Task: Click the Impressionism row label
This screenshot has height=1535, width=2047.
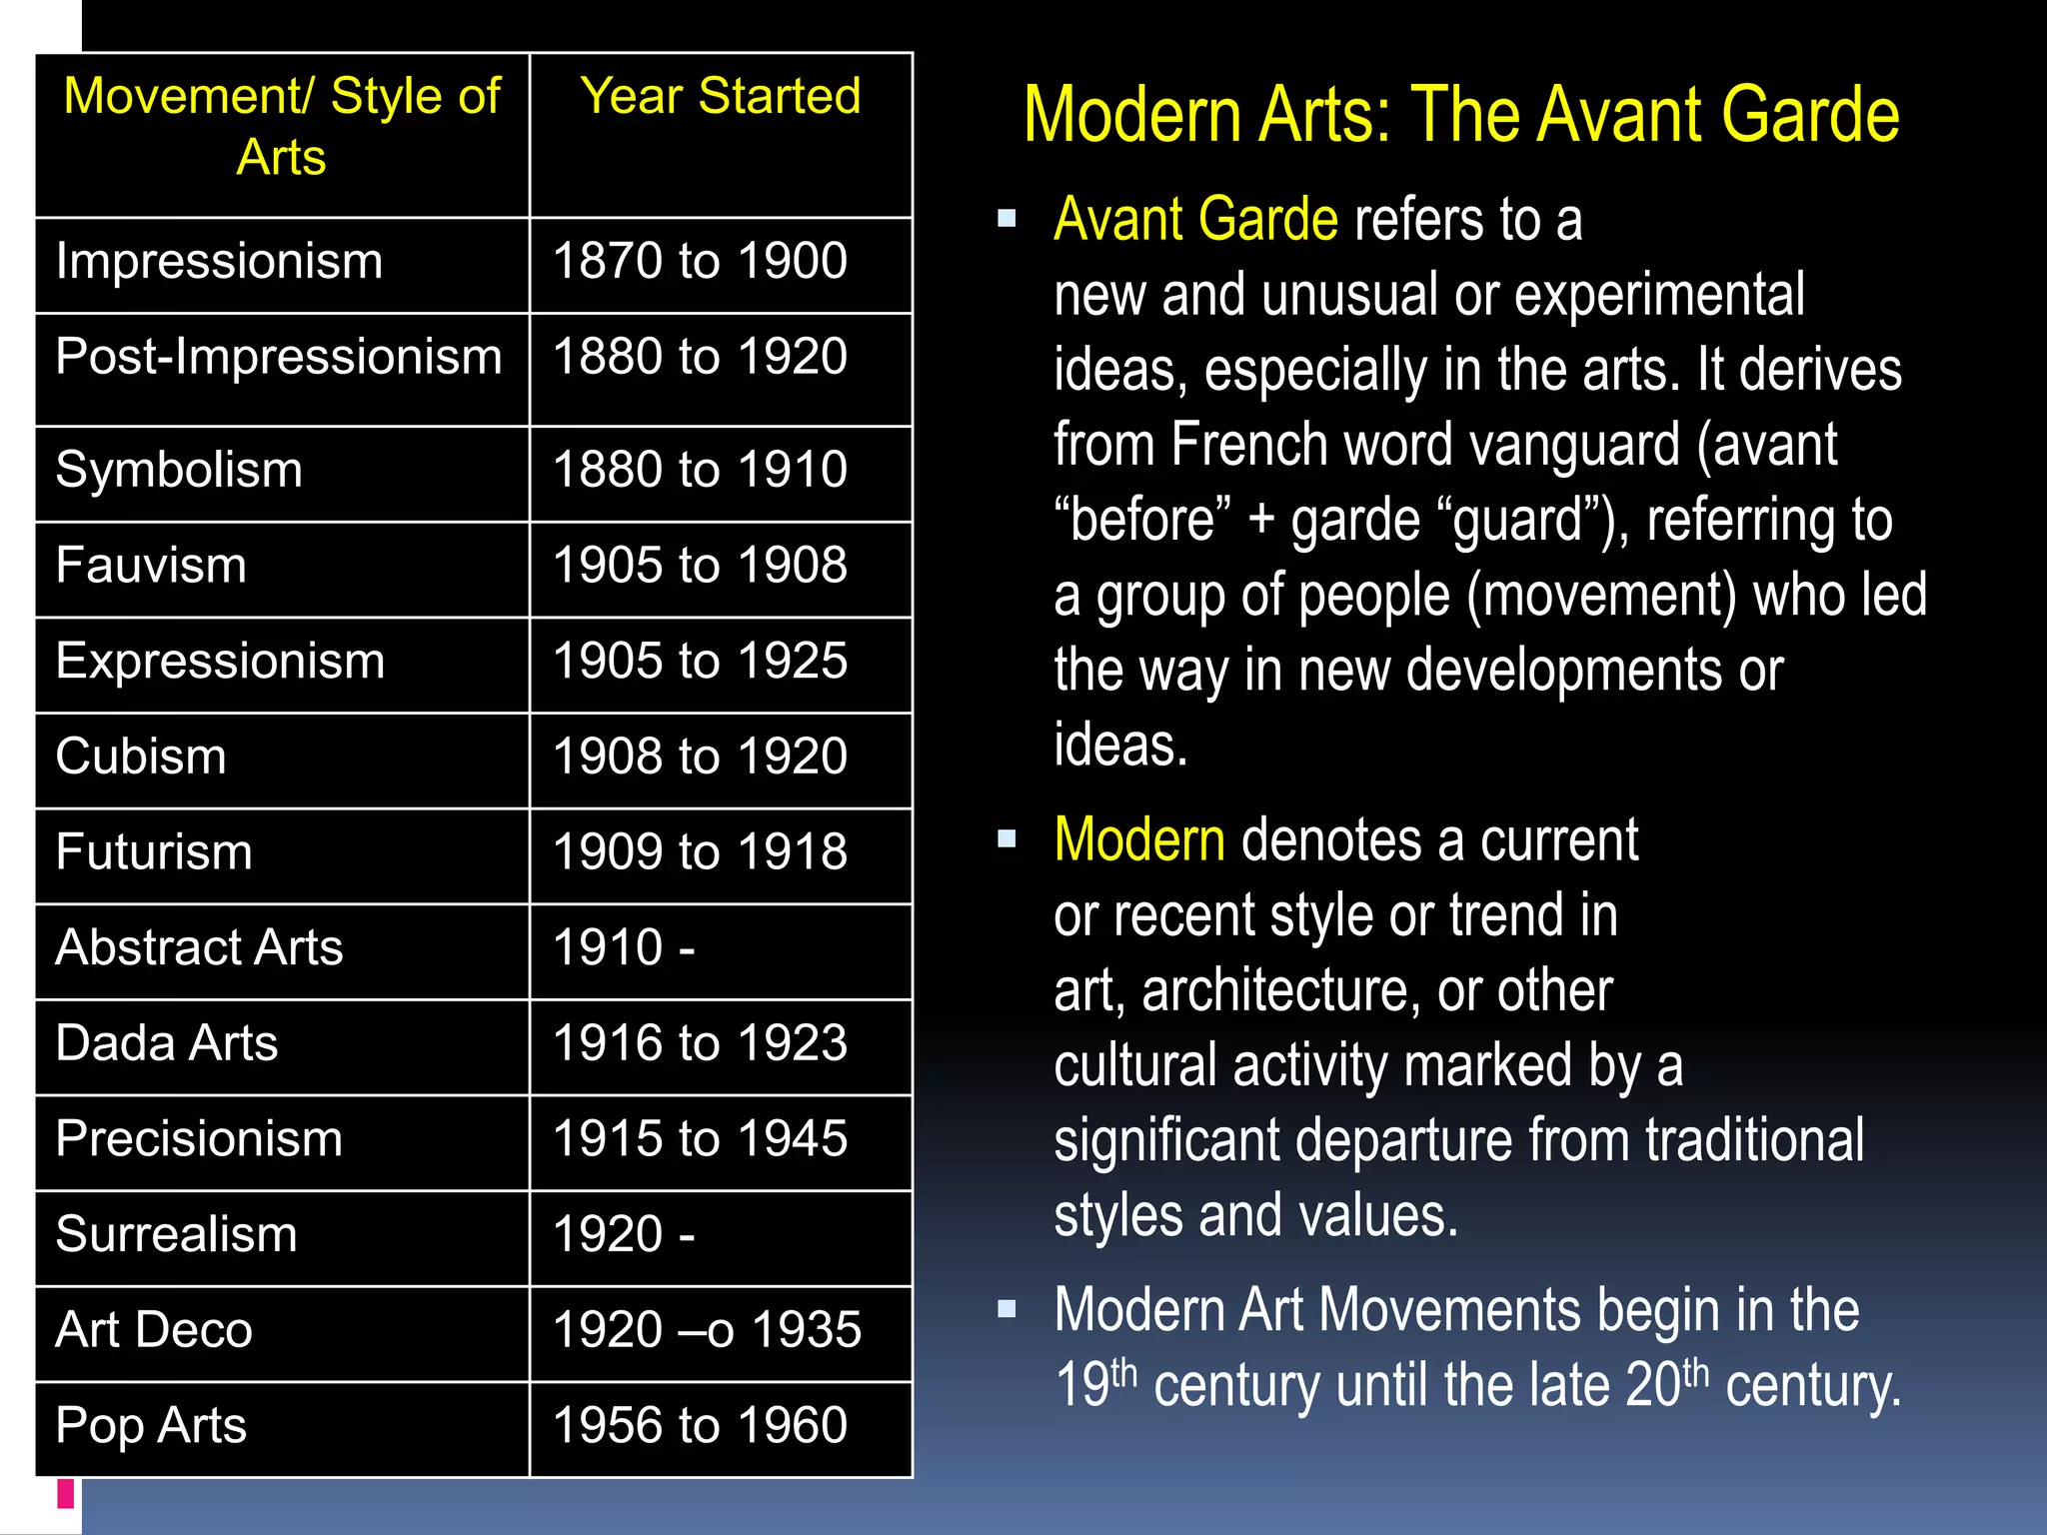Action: coord(219,262)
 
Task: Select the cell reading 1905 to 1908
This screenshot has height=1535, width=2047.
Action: coord(700,566)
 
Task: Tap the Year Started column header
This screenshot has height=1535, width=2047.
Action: coord(720,97)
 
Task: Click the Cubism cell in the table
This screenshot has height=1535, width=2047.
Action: coord(141,757)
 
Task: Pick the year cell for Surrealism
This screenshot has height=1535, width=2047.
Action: coord(624,1235)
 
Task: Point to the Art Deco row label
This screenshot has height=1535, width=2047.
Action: coord(154,1330)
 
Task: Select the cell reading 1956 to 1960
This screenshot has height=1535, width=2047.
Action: coord(700,1426)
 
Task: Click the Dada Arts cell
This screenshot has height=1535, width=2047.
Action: coord(167,1044)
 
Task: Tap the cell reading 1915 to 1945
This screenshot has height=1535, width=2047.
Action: coord(700,1139)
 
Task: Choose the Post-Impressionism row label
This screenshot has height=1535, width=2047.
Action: coord(279,358)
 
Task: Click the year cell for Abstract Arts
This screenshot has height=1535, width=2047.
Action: coord(624,948)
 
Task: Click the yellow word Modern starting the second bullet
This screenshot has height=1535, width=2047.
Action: coord(1139,839)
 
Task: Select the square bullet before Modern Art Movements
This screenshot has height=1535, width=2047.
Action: coord(1007,1308)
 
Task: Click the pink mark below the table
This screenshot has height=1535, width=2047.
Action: coord(66,1493)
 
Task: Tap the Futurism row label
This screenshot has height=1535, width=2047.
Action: coord(154,852)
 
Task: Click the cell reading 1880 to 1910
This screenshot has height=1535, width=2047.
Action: coord(700,470)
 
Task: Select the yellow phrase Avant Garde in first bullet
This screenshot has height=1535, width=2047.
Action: coord(1195,220)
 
